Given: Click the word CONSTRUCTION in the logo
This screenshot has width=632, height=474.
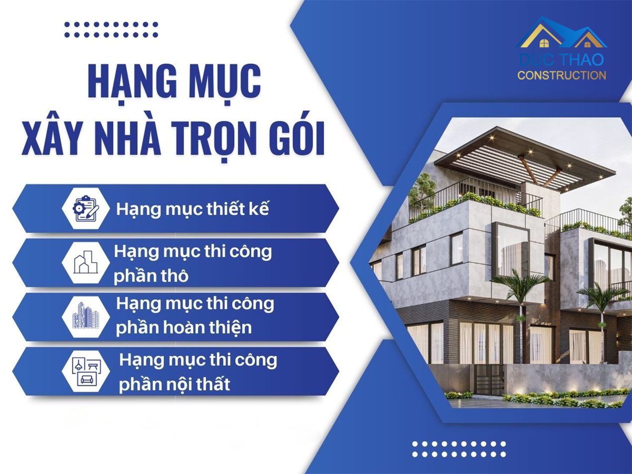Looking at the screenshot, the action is click(x=561, y=76).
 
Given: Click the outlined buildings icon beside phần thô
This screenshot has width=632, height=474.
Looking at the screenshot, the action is click(x=86, y=262).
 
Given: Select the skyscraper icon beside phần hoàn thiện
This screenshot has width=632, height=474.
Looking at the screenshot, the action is click(x=86, y=316).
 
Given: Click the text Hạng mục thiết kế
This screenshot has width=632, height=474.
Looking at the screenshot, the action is click(x=192, y=210).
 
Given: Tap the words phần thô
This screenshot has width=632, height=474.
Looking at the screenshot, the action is click(x=151, y=276).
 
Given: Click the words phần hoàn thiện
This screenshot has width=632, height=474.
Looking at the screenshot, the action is click(x=184, y=328).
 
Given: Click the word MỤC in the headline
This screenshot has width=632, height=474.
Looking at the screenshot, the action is click(x=223, y=82).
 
